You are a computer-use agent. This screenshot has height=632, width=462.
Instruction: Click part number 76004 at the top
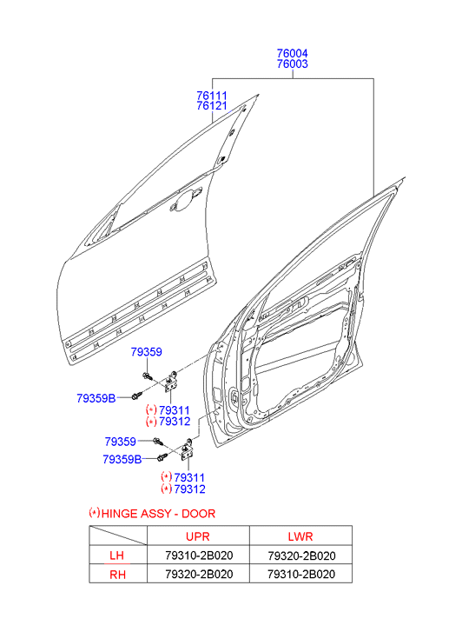(x=292, y=53)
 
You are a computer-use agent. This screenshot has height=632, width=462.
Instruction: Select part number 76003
(x=292, y=63)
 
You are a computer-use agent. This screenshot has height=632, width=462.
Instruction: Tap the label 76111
(x=212, y=96)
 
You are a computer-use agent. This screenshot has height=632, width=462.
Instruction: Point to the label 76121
(x=212, y=105)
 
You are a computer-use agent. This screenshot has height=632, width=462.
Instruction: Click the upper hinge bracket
(x=171, y=381)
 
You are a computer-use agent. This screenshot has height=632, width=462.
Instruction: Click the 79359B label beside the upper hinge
(x=96, y=399)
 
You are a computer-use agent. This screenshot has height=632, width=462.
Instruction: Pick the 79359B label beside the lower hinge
(x=122, y=460)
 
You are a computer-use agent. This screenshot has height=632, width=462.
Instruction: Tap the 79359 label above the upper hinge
(x=146, y=352)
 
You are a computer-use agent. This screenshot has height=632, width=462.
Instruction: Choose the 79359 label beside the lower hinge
(x=120, y=442)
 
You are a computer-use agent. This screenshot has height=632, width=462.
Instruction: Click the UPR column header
(x=198, y=536)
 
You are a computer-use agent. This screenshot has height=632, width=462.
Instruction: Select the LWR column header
(x=300, y=536)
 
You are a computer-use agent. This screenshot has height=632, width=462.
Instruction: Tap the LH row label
(x=117, y=555)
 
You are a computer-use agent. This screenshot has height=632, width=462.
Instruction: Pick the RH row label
(x=117, y=575)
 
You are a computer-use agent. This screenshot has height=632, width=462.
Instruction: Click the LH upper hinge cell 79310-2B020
(x=199, y=555)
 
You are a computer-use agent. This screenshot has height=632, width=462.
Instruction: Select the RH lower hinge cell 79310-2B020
(x=301, y=575)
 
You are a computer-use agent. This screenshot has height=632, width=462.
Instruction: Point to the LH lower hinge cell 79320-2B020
(x=301, y=555)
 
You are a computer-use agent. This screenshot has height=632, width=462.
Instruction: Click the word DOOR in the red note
(x=199, y=514)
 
